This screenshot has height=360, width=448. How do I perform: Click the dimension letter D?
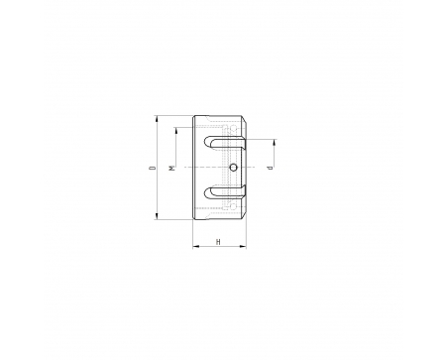pyautogui.click(x=153, y=168)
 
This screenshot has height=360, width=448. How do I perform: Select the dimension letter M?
pyautogui.click(x=172, y=168)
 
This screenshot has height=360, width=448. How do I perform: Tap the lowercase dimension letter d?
pyautogui.click(x=271, y=168)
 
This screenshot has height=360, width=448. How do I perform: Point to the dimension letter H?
pyautogui.click(x=218, y=242)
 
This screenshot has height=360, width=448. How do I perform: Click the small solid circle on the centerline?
pyautogui.click(x=234, y=168)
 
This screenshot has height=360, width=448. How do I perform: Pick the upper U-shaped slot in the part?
pyautogui.click(x=225, y=143)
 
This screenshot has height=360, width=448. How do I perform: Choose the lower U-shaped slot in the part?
pyautogui.click(x=225, y=192)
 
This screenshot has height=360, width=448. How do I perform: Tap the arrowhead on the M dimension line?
pyautogui.click(x=176, y=131)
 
